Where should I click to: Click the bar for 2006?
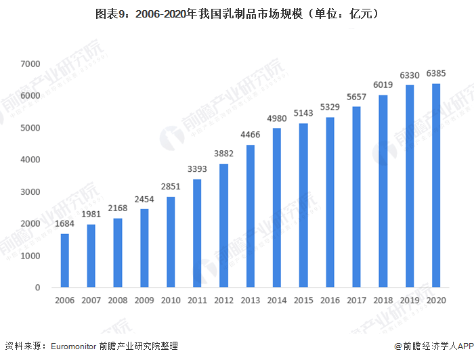click(65, 261)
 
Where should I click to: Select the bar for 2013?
click(251, 216)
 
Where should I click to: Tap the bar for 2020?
click(436, 185)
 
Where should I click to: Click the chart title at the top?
click(237, 13)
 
